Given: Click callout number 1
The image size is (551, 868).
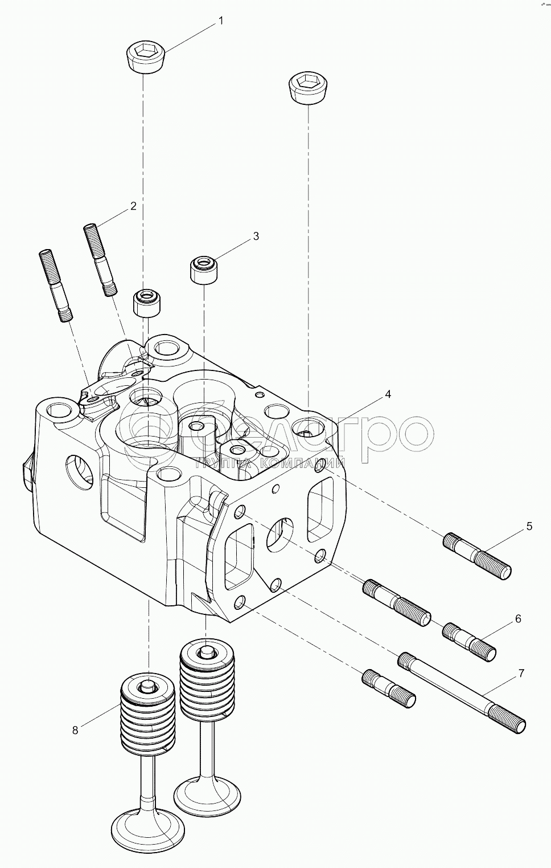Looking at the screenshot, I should (x=220, y=21).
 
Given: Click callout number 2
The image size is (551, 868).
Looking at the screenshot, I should (x=133, y=206).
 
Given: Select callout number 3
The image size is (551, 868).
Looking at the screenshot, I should (x=256, y=235).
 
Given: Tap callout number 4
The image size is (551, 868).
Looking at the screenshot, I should (x=388, y=394).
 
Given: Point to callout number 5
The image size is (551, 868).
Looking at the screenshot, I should (x=529, y=526).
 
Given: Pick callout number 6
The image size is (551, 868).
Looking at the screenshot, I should (x=518, y=618).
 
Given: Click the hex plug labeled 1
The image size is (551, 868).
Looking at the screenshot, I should (x=145, y=57).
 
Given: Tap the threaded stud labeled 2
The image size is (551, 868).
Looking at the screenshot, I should (x=101, y=259).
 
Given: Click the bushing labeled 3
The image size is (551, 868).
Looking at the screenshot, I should (x=205, y=270).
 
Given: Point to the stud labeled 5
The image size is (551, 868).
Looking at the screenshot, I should (x=477, y=556).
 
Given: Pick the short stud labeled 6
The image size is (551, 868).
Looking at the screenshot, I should (x=469, y=641).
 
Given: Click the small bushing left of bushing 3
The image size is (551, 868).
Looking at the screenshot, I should (x=148, y=302).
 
